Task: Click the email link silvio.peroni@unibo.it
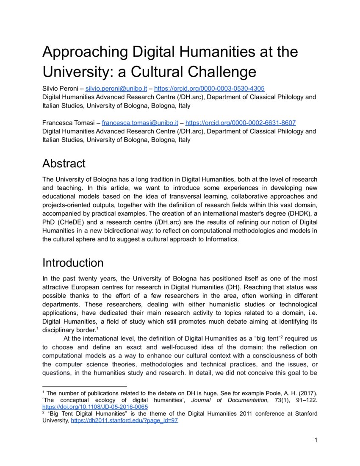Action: pyautogui.click(x=116, y=89)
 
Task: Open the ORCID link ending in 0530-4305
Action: pyautogui.click(x=209, y=89)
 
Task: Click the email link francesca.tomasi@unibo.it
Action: pyautogui.click(x=140, y=123)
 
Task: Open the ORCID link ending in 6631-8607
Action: pyautogui.click(x=241, y=123)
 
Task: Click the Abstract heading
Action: pyautogui.click(x=64, y=164)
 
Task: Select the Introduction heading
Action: pyautogui.click(x=73, y=263)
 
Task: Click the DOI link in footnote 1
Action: pyautogui.click(x=95, y=407)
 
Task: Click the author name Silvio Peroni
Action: pyautogui.click(x=61, y=89)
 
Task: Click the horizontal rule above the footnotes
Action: pyautogui.click(x=85, y=386)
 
